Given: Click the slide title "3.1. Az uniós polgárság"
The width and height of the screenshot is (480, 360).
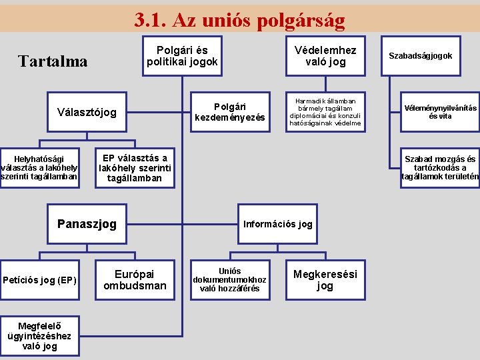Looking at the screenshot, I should [239, 21].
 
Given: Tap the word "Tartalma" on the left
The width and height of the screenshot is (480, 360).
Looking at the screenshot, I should [53, 61].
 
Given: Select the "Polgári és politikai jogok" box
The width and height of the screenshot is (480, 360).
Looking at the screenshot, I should [182, 56].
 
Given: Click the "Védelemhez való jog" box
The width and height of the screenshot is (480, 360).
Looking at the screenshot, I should [325, 56].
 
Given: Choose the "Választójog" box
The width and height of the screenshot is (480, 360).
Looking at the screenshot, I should [87, 112].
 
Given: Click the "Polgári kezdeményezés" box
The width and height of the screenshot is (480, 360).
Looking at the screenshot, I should [230, 112].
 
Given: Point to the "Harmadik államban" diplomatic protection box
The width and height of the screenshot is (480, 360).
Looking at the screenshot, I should [325, 112].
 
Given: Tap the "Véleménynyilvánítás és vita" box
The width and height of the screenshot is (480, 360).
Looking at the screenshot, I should [440, 112].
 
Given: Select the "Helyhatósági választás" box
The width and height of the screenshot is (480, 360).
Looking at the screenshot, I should [39, 167].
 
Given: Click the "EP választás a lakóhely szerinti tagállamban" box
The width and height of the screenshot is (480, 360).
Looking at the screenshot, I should [135, 168].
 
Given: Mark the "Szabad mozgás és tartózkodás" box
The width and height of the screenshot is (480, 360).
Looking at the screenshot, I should [440, 168].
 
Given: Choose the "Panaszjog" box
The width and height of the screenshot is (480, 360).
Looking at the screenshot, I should [87, 224].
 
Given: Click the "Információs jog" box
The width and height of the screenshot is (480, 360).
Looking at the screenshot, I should [277, 224].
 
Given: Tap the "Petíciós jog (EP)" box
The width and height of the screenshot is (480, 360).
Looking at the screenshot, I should [39, 280].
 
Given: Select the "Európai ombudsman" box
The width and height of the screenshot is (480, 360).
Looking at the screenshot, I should [135, 280].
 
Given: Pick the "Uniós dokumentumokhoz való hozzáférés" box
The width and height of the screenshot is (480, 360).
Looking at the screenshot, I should [230, 280].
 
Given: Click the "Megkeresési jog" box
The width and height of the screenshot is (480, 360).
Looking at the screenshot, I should [325, 280].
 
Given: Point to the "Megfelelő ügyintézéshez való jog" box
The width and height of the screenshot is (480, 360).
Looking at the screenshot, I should [39, 336].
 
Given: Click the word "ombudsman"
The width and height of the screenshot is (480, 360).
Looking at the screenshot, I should [135, 286].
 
